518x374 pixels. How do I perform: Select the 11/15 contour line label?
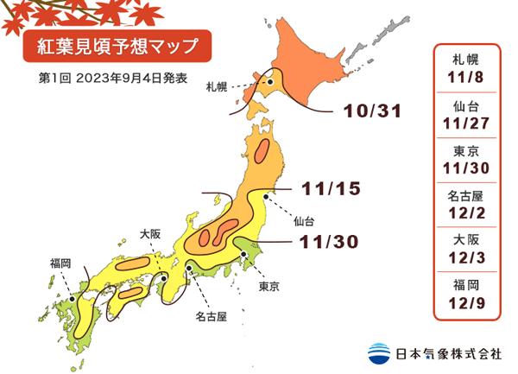330,187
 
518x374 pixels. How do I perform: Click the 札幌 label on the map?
217,87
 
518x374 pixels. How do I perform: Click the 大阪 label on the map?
150,233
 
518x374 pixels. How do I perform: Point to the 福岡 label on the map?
60,262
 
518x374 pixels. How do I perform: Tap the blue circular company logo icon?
378,353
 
